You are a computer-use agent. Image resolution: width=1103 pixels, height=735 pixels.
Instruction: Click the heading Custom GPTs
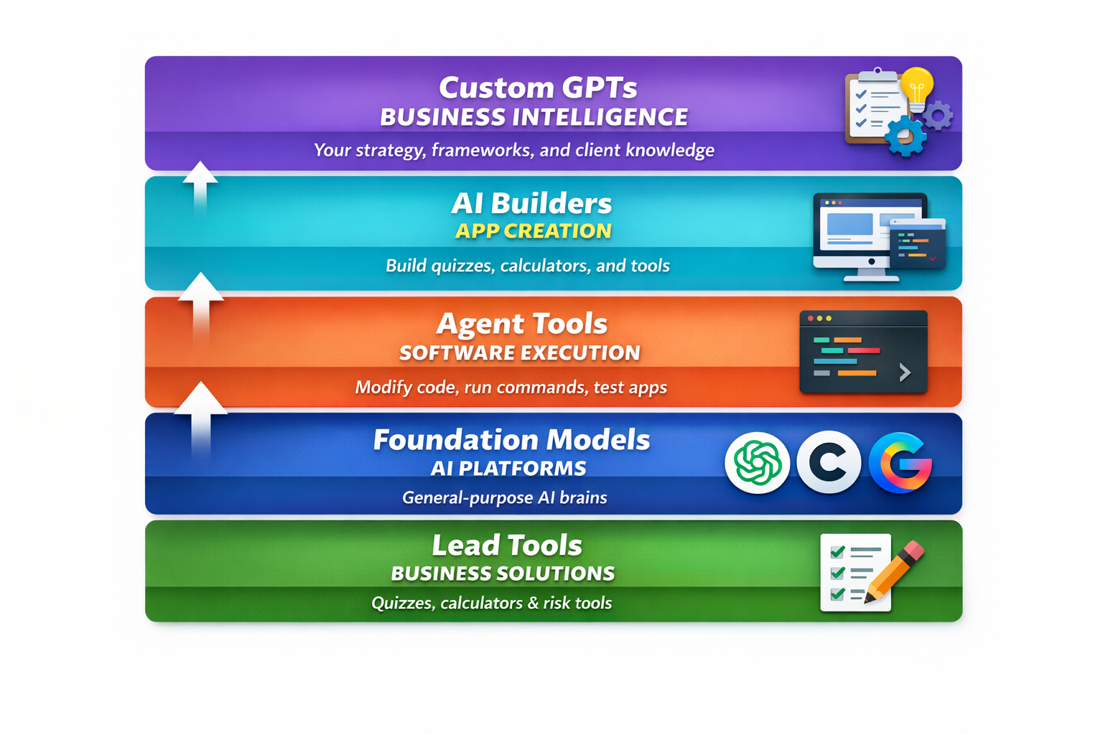pyautogui.click(x=537, y=88)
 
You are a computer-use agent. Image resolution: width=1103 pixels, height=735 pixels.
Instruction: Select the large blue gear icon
pyautogui.click(x=905, y=135)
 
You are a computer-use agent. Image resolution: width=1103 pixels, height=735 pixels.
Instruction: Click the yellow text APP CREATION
pyautogui.click(x=533, y=231)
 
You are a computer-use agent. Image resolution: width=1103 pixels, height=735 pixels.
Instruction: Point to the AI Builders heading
pyautogui.click(x=531, y=204)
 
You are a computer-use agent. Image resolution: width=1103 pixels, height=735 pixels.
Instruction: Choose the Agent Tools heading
pyautogui.click(x=521, y=324)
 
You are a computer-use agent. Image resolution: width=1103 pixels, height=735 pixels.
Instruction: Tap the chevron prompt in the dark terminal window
pyautogui.click(x=905, y=372)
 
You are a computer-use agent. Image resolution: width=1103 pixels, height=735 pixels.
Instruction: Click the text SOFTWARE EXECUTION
pyautogui.click(x=519, y=353)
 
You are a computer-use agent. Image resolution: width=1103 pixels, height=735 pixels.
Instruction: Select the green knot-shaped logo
pyautogui.click(x=757, y=463)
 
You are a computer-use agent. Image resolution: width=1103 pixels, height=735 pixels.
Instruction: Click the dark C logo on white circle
pyautogui.click(x=829, y=463)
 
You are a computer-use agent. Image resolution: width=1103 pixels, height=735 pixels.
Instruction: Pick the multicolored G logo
pyautogui.click(x=900, y=463)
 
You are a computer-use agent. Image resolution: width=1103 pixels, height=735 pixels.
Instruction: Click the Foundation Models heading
pyautogui.click(x=511, y=440)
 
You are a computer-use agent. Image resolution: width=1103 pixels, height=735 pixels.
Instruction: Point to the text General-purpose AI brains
pyautogui.click(x=504, y=498)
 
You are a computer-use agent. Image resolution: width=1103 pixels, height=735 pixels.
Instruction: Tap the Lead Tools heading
pyautogui.click(x=506, y=546)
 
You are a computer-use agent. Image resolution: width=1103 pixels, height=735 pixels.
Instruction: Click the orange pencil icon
pyautogui.click(x=895, y=571)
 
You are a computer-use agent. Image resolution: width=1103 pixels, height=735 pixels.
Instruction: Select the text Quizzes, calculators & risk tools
pyautogui.click(x=491, y=603)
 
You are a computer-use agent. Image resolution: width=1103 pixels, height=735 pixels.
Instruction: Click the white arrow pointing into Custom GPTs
pyautogui.click(x=200, y=185)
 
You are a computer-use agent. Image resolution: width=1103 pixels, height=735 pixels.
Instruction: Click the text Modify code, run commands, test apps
pyautogui.click(x=511, y=388)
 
